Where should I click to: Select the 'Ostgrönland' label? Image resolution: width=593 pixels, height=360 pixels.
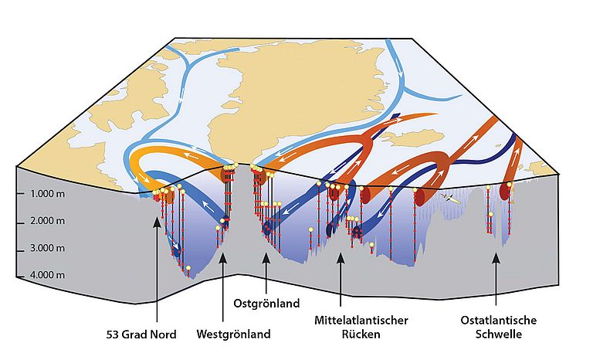point(266,304)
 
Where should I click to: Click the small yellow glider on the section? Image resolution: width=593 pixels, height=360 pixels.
point(450,198)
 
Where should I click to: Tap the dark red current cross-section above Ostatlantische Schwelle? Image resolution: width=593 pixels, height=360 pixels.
point(507,190)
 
